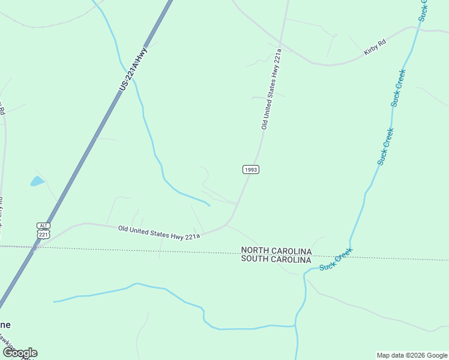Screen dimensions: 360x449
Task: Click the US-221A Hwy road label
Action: pyautogui.click(x=133, y=70)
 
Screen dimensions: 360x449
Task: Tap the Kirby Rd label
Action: pyautogui.click(x=375, y=47)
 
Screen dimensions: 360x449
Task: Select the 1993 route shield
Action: pyautogui.click(x=251, y=170)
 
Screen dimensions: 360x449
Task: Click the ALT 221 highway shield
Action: pyautogui.click(x=43, y=230)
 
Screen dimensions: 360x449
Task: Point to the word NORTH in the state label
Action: pyautogui.click(x=258, y=250)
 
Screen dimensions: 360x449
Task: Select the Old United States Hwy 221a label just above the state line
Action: pyautogui.click(x=158, y=232)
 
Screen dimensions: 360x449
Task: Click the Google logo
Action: pyautogui.click(x=20, y=353)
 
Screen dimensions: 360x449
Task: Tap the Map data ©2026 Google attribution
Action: pyautogui.click(x=412, y=355)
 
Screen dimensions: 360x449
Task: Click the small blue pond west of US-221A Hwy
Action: pyautogui.click(x=37, y=181)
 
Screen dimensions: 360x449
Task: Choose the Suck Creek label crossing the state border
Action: pyautogui.click(x=336, y=259)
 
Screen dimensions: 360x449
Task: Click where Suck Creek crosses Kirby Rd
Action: pyautogui.click(x=417, y=27)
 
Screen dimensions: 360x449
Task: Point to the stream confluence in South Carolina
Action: pyautogui.click(x=295, y=326)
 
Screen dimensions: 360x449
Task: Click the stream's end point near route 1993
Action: pyautogui.click(x=209, y=205)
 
